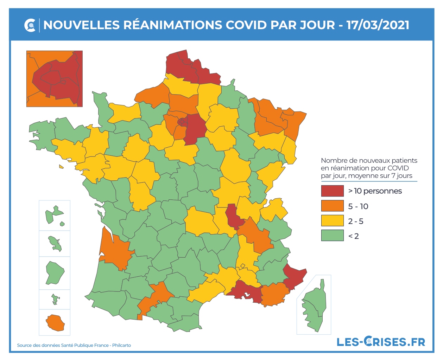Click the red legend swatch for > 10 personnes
pyautogui.click(x=332, y=191)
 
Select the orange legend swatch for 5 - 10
pyautogui.click(x=332, y=206)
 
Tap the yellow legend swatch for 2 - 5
pyautogui.click(x=332, y=221)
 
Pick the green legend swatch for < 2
pyautogui.click(x=332, y=236)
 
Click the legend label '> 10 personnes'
pyautogui.click(x=375, y=191)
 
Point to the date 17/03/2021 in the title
pyautogui.click(x=378, y=25)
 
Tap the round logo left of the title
pyautogui.click(x=30, y=25)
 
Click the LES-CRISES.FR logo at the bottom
pyautogui.click(x=381, y=341)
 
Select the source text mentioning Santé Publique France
pyautogui.click(x=74, y=345)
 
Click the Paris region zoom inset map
pyautogui.click(x=55, y=78)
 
